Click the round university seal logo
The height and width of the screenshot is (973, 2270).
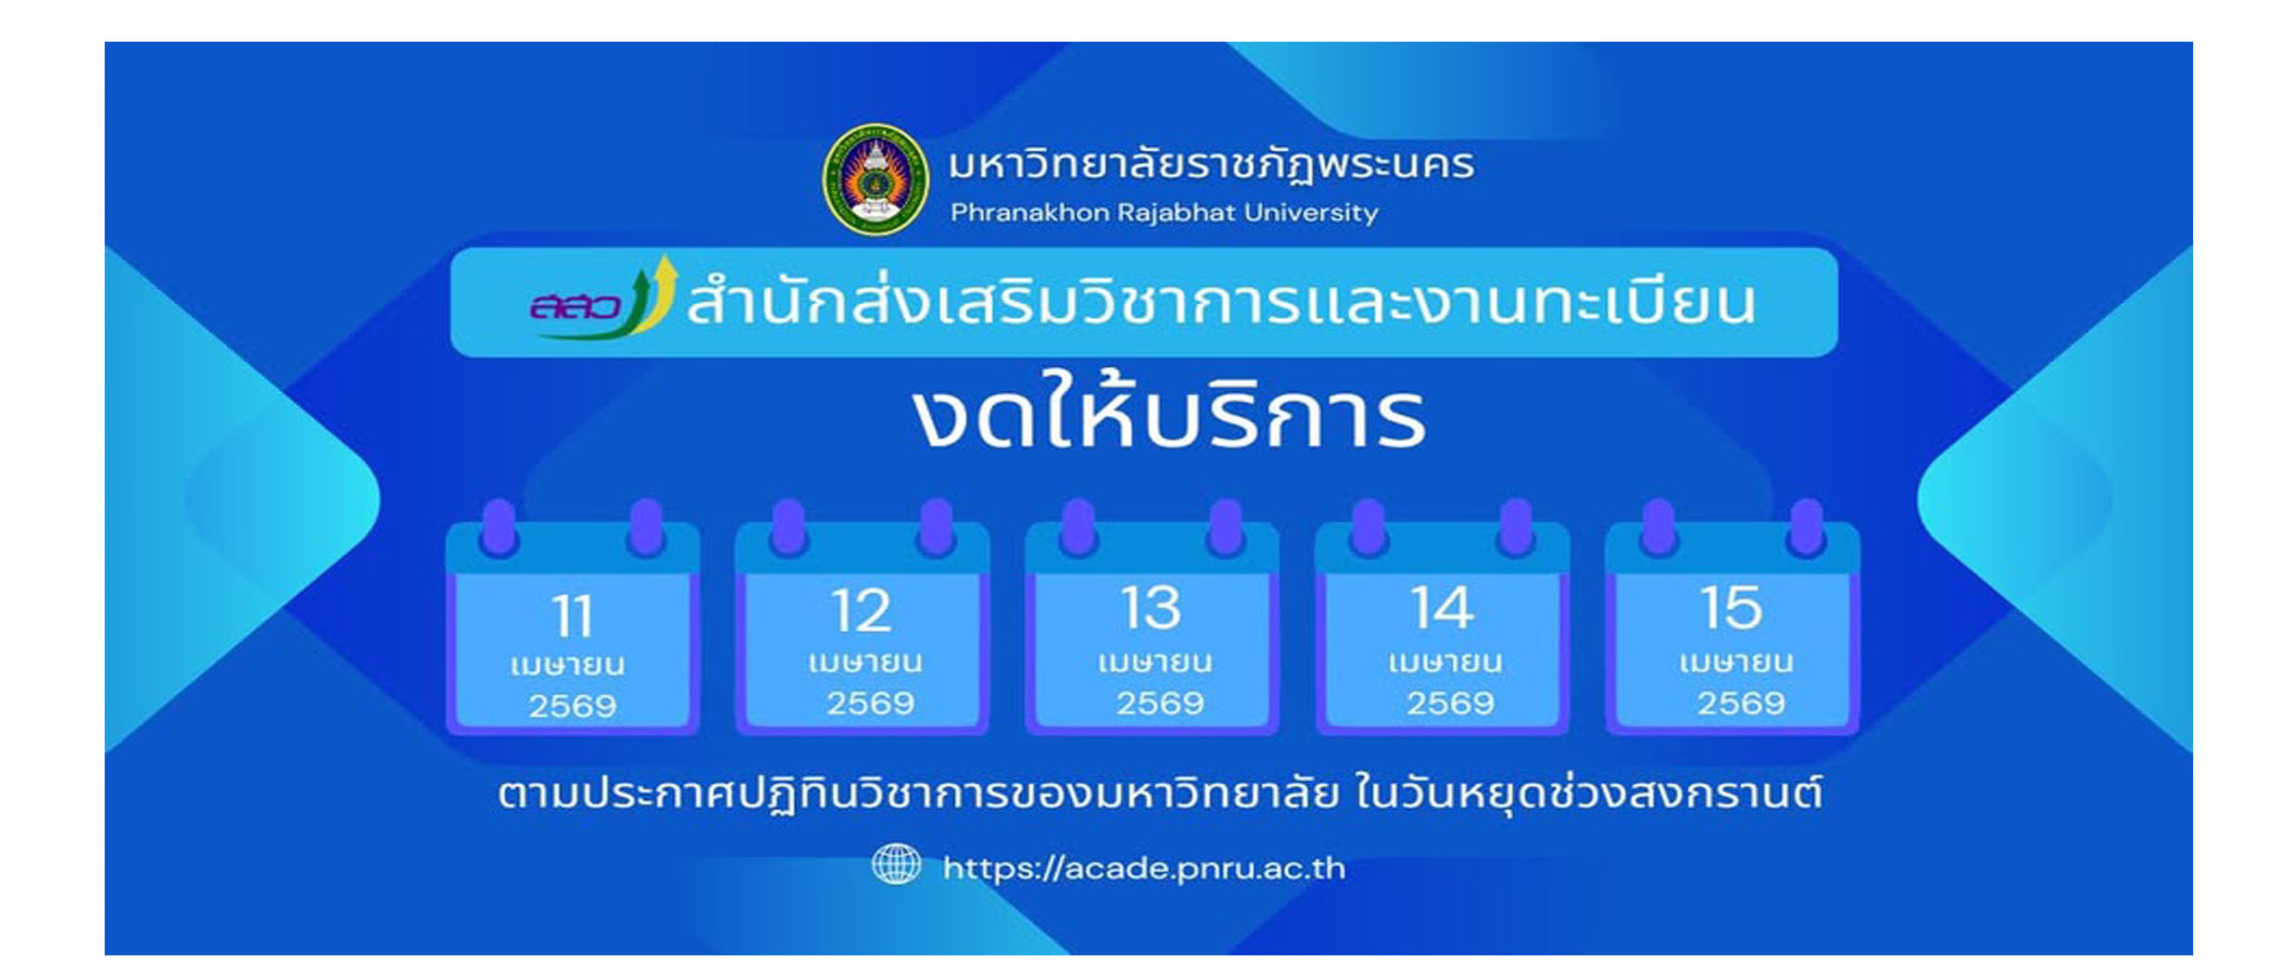876,180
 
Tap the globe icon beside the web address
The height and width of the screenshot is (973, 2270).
896,865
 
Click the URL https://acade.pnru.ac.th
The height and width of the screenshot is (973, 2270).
1143,868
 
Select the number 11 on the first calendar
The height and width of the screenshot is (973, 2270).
573,616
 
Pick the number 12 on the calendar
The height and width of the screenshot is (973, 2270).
862,611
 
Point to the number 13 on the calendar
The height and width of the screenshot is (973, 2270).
1152,609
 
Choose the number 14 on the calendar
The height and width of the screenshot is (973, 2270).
1442,609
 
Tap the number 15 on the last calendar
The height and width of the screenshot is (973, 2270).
1732,608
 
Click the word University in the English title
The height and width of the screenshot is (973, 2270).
1310,213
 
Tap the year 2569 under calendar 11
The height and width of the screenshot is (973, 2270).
573,706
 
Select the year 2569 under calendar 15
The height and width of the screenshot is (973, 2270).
1741,703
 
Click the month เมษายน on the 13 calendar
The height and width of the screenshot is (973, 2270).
1154,663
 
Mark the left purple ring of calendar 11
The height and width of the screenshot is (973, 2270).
499,526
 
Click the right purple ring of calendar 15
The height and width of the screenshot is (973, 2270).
1806,526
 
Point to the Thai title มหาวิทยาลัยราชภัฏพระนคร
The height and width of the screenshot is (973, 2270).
1210,165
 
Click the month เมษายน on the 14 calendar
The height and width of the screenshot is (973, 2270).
1445,663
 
